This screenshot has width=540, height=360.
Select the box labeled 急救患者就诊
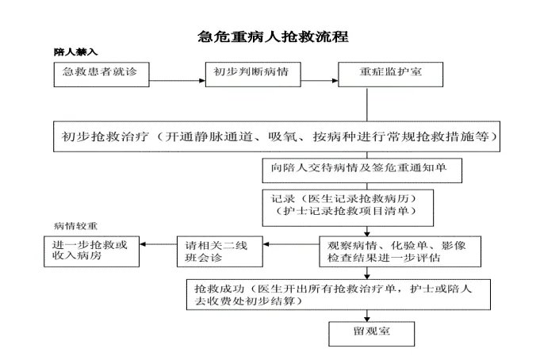coord(100,72)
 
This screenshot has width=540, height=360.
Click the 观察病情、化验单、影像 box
coord(394,251)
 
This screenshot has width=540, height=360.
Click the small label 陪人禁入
coord(75,52)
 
